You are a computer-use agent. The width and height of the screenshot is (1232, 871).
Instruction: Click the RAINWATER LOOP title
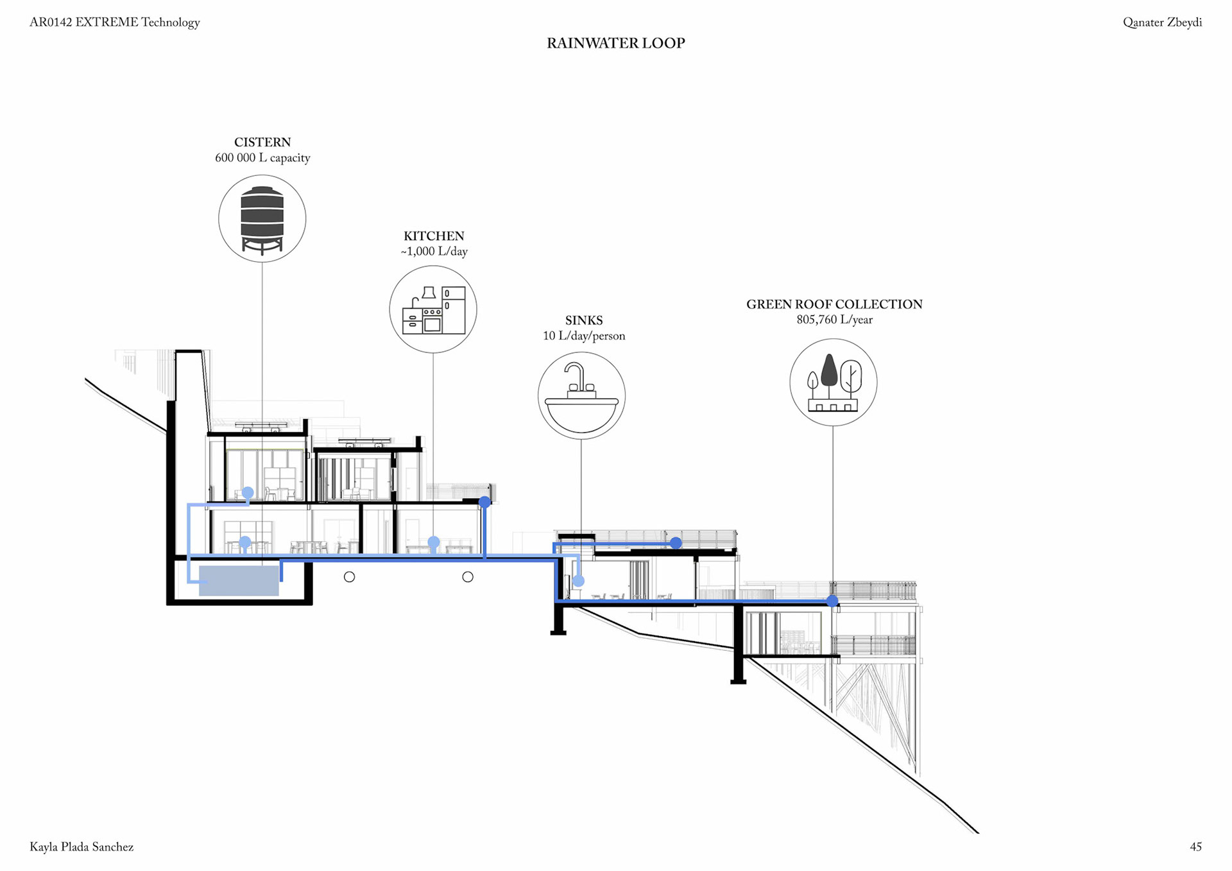[615, 43]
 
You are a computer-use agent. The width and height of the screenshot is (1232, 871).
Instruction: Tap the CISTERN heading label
[262, 142]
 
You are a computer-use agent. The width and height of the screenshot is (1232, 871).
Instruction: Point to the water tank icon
[262, 219]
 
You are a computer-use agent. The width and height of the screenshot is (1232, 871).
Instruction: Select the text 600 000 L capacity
[262, 158]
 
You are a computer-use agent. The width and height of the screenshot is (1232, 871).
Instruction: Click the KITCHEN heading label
[433, 236]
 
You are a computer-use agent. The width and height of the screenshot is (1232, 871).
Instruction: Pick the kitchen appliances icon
[433, 309]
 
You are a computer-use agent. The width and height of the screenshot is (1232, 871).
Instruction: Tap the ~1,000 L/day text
[434, 252]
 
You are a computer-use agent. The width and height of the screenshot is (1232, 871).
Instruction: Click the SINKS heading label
[583, 320]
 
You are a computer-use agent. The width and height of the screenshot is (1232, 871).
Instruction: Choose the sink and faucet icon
[581, 395]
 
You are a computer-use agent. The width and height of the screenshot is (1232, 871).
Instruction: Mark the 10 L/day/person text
[583, 336]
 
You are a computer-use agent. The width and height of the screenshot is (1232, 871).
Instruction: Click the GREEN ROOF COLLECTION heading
[834, 304]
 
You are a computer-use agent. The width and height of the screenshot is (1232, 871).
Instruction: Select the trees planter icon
[833, 383]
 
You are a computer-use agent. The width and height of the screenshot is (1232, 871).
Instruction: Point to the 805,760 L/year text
[834, 320]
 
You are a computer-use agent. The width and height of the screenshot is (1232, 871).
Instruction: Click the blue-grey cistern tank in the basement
[239, 580]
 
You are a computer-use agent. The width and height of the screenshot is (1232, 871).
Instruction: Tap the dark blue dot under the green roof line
[832, 601]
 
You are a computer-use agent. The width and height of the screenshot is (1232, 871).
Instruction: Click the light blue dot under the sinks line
[578, 581]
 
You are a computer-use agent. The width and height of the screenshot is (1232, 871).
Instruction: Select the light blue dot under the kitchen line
[434, 542]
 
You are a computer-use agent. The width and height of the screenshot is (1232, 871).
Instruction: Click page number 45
[1195, 847]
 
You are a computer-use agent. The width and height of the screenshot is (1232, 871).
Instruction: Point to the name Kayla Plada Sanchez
[81, 847]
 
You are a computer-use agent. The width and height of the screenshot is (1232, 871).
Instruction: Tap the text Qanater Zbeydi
[1162, 22]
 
